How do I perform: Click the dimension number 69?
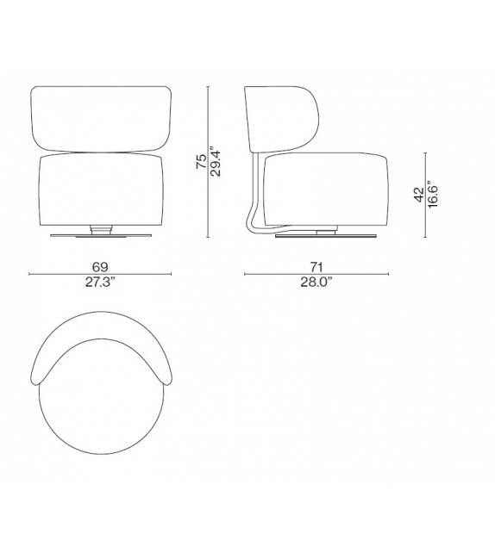point(101,266)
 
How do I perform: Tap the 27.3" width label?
point(101,283)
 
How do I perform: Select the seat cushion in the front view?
point(100,189)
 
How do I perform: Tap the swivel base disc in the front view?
point(100,235)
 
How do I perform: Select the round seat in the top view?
point(100,396)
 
